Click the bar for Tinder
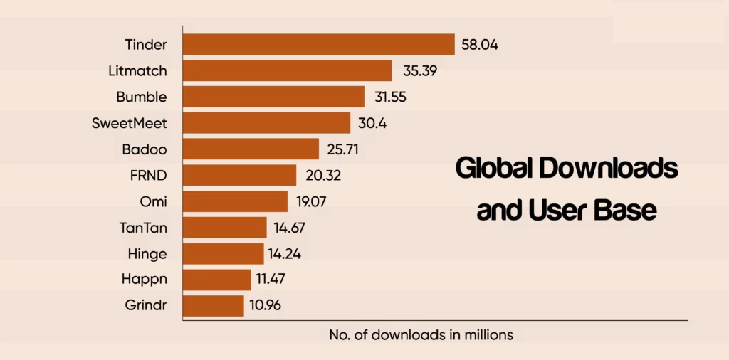[x=318, y=44]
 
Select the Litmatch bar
[x=287, y=70]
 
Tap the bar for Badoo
[x=251, y=149]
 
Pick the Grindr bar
[x=213, y=306]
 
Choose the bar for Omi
[x=235, y=201]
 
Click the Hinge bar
[x=223, y=254]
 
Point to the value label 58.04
[x=481, y=44]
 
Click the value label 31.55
[x=390, y=97]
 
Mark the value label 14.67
[x=292, y=228]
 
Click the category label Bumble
[x=142, y=97]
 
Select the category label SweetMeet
[x=129, y=123]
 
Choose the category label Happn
[x=145, y=280]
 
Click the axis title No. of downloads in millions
[x=421, y=334]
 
